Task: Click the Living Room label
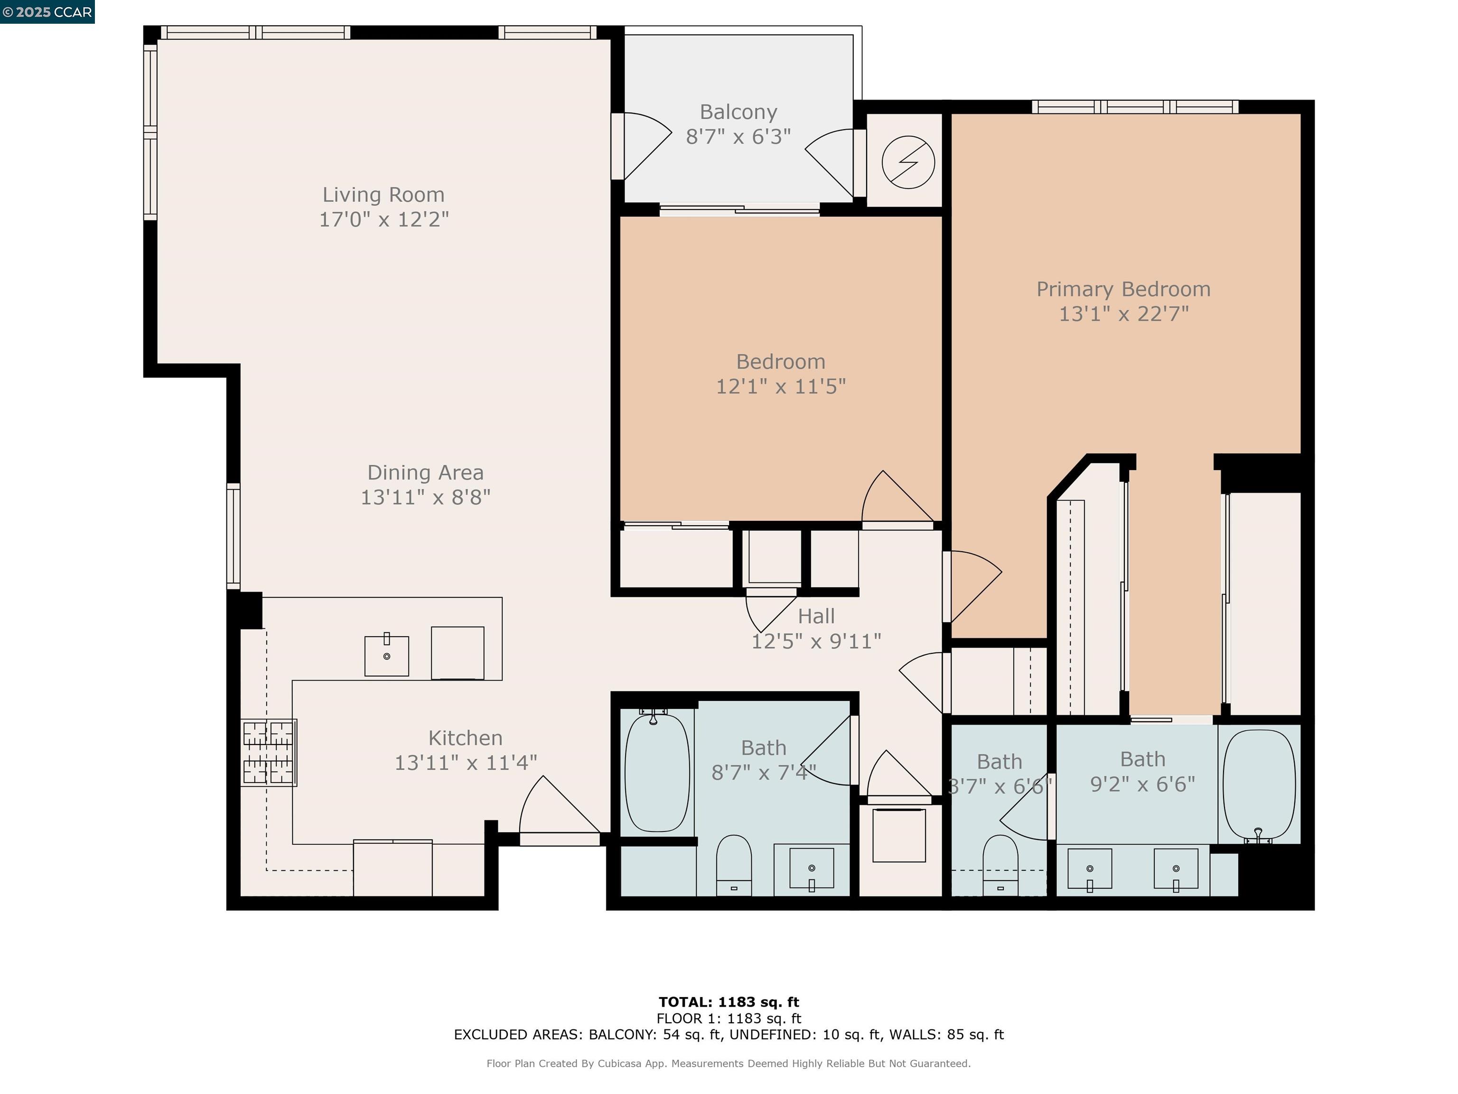pyautogui.click(x=383, y=195)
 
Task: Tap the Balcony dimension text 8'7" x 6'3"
pyautogui.click(x=738, y=136)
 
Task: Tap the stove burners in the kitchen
pyautogui.click(x=268, y=753)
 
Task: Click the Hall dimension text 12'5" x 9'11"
pyautogui.click(x=816, y=641)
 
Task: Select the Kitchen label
pyautogui.click(x=465, y=737)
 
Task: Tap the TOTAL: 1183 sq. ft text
pyautogui.click(x=729, y=1002)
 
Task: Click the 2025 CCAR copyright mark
pyautogui.click(x=47, y=12)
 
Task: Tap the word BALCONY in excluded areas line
pyautogui.click(x=622, y=1034)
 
